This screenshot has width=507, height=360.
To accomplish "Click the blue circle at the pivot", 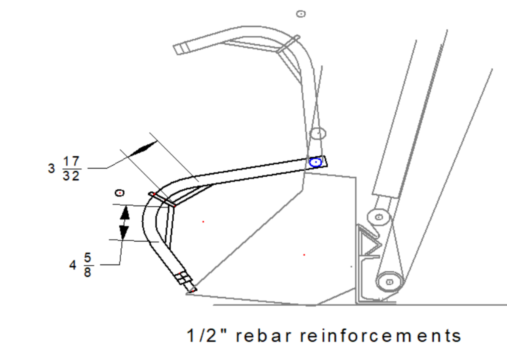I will (x=315, y=162).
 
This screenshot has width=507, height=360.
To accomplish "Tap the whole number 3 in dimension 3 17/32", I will (x=51, y=168).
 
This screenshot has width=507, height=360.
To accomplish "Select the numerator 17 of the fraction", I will (x=71, y=162).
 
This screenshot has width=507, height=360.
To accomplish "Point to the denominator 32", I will (x=71, y=175).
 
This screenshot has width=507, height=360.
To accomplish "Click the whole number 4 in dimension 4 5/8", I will (x=73, y=265).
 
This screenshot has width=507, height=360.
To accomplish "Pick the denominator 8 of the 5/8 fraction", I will (x=88, y=272).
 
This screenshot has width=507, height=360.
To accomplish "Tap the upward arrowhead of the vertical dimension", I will (x=124, y=214).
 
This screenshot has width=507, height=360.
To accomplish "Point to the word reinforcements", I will (x=380, y=336).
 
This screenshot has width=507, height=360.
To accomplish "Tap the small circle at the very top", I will (x=301, y=14).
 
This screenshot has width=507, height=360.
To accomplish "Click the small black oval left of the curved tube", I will (x=119, y=193).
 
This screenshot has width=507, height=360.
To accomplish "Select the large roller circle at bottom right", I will (x=389, y=282).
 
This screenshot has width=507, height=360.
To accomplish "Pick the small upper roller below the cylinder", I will (x=379, y=217).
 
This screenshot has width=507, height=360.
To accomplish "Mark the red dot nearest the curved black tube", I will (x=203, y=222).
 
